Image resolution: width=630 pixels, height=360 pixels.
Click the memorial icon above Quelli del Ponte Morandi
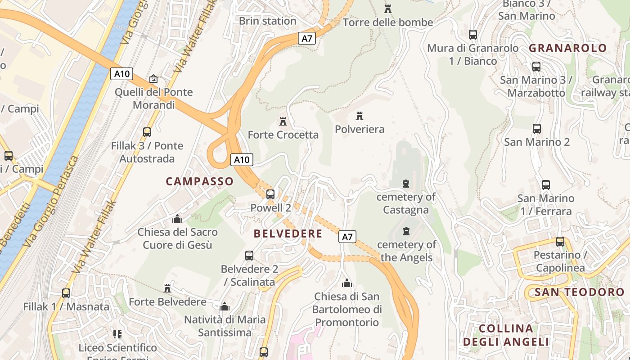(x=153, y=79)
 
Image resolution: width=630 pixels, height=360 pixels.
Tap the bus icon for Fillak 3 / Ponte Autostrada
(x=147, y=132)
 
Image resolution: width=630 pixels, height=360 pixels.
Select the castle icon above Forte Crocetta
(x=283, y=121)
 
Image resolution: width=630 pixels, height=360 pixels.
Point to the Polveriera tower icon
(x=359, y=116)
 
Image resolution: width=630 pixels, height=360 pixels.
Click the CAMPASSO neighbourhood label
(x=200, y=181)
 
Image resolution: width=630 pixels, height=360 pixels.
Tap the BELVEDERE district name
(x=288, y=234)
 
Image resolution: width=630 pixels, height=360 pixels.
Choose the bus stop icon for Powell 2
(x=270, y=194)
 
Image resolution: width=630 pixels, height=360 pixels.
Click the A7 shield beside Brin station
(x=306, y=38)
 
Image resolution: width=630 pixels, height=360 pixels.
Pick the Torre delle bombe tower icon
(x=388, y=9)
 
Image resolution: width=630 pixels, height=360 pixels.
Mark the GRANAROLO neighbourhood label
(x=568, y=48)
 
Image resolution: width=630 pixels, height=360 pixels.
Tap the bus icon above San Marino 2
(x=537, y=129)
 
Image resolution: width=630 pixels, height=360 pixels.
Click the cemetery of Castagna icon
(x=406, y=184)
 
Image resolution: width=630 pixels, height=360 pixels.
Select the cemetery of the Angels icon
(x=406, y=231)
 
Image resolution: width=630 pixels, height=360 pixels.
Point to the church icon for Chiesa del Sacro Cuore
(x=177, y=219)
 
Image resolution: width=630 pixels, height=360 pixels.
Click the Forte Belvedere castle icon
(x=167, y=288)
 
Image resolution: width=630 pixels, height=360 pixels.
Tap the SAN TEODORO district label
(x=580, y=292)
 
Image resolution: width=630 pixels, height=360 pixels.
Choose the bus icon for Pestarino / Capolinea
(x=560, y=242)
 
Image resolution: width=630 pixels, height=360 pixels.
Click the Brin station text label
(x=267, y=21)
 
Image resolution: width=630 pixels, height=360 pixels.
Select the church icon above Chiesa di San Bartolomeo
(x=346, y=283)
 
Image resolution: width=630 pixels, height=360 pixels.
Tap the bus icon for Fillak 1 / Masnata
(x=66, y=293)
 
